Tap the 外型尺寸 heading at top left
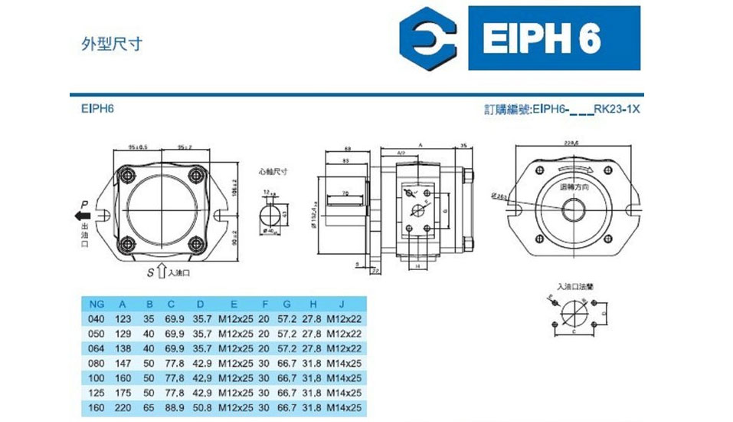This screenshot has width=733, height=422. [x=111, y=41]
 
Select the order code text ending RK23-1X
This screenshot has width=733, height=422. [x=562, y=109]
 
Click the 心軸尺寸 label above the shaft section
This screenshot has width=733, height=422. [x=272, y=172]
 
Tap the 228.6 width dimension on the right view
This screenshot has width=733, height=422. [x=571, y=143]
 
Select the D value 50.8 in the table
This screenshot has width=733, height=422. [x=202, y=408]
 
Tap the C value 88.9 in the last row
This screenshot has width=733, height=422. [x=175, y=408]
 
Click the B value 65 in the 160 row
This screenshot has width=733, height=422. [x=149, y=408]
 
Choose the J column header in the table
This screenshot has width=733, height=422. [x=343, y=303]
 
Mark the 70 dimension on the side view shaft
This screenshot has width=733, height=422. [x=345, y=192]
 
